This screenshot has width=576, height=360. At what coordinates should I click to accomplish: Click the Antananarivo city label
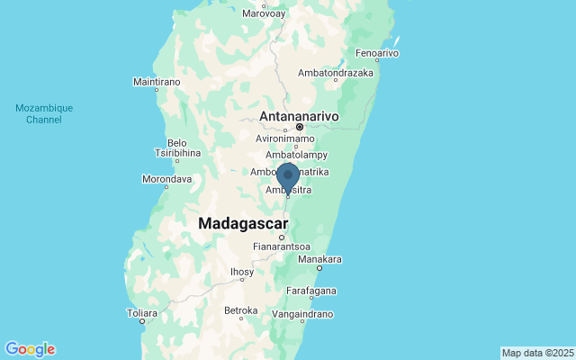[300, 116]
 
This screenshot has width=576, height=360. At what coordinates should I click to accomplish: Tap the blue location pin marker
[288, 176]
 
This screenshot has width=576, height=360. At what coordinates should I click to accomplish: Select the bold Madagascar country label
[243, 223]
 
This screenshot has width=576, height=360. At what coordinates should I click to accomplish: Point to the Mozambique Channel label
[44, 113]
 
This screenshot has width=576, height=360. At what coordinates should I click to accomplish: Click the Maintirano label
[157, 82]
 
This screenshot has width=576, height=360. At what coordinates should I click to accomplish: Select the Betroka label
[240, 311]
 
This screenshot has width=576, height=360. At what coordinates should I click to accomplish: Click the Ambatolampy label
[289, 155]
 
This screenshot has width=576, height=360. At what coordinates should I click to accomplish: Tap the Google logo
[30, 349]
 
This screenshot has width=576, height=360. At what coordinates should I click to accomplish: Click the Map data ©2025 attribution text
[536, 352]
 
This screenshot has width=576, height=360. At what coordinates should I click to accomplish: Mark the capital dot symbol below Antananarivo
[300, 127]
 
